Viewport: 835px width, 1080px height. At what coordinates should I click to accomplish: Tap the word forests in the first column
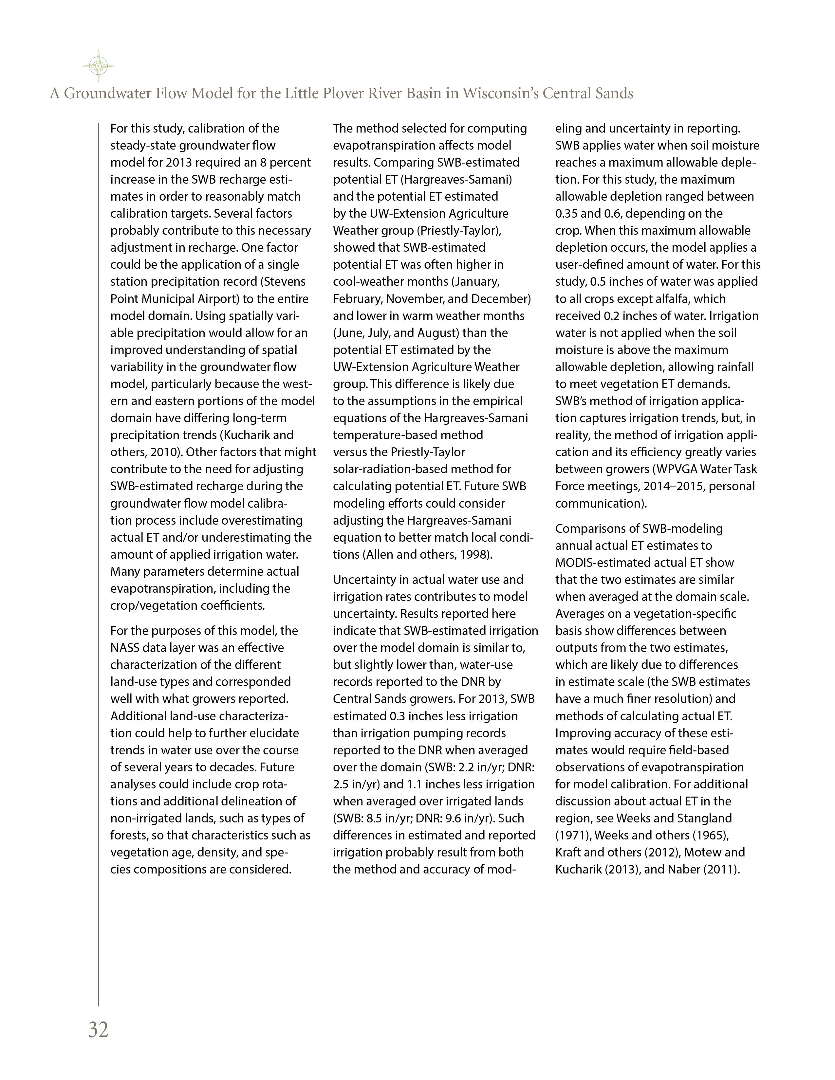click(129, 835)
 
